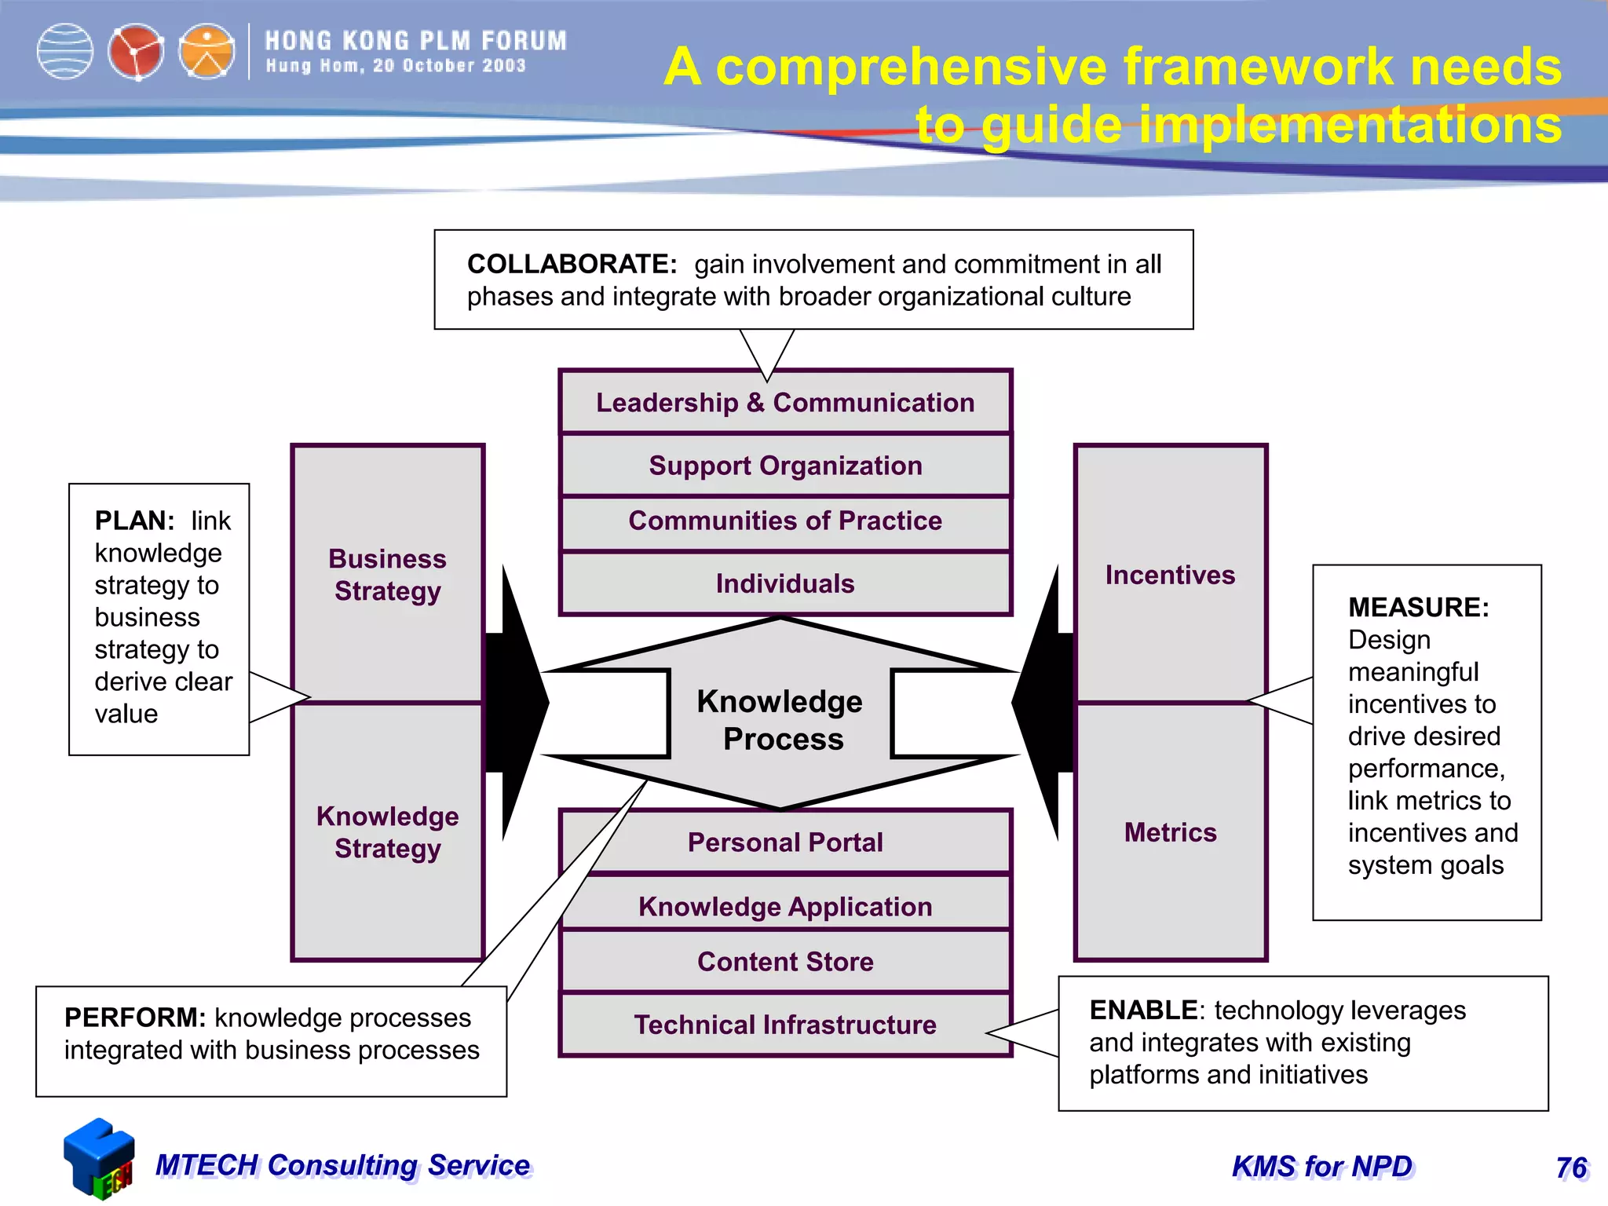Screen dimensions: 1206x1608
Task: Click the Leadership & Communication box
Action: click(785, 403)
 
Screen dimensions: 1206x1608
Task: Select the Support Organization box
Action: click(785, 466)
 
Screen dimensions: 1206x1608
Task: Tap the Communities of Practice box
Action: click(785, 521)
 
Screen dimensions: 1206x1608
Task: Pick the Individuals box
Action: click(785, 583)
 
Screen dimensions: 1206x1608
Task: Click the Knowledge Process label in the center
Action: click(781, 720)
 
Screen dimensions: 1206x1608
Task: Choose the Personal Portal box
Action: click(785, 842)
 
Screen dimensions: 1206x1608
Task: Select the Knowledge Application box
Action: click(785, 907)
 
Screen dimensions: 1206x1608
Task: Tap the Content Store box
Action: click(785, 962)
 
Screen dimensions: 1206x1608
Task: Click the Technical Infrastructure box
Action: click(785, 1025)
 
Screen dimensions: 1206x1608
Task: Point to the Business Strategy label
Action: click(388, 575)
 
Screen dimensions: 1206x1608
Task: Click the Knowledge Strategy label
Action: click(388, 832)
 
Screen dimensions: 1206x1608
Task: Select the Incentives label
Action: click(1170, 575)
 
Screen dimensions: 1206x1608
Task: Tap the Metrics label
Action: click(1170, 832)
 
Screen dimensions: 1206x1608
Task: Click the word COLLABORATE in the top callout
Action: click(572, 264)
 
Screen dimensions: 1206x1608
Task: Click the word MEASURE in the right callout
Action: click(1418, 608)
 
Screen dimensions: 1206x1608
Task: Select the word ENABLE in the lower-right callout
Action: click(1143, 1010)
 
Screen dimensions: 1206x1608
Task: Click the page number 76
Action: click(1571, 1168)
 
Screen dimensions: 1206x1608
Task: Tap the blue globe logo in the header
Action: click(65, 52)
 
